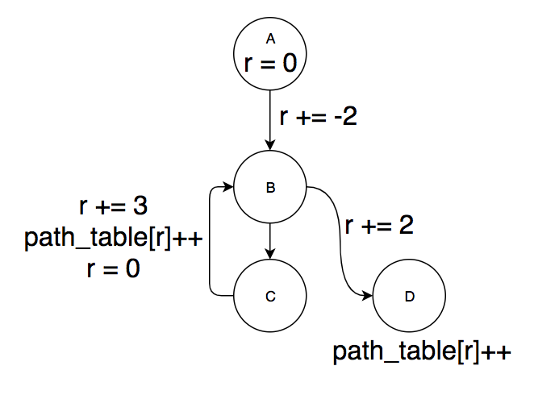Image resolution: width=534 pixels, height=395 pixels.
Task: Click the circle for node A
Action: click(x=271, y=55)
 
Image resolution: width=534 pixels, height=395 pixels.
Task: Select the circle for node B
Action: click(x=271, y=189)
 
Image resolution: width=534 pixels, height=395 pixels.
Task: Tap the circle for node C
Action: click(x=271, y=295)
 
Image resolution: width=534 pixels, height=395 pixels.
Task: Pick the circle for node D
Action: click(x=410, y=295)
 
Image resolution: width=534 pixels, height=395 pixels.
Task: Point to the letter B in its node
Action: click(x=271, y=189)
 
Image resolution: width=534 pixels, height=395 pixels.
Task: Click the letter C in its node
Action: click(x=271, y=296)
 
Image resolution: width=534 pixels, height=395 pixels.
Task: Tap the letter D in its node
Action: click(x=410, y=296)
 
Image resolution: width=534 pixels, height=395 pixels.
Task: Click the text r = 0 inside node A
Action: click(x=271, y=63)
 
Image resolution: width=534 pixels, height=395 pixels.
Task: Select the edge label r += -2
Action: click(x=318, y=117)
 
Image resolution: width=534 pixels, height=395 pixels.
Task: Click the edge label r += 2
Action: click(x=379, y=225)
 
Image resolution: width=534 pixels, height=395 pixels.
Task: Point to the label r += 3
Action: click(x=114, y=206)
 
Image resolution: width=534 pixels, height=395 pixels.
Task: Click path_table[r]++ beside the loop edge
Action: click(x=115, y=238)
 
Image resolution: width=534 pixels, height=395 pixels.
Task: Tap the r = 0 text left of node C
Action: click(x=114, y=269)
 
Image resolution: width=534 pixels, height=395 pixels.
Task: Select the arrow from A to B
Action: click(x=271, y=121)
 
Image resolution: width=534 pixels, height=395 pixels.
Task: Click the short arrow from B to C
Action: click(x=271, y=240)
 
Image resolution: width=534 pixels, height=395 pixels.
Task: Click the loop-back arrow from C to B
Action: click(x=211, y=242)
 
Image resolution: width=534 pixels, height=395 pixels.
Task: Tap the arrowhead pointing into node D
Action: click(x=369, y=295)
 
